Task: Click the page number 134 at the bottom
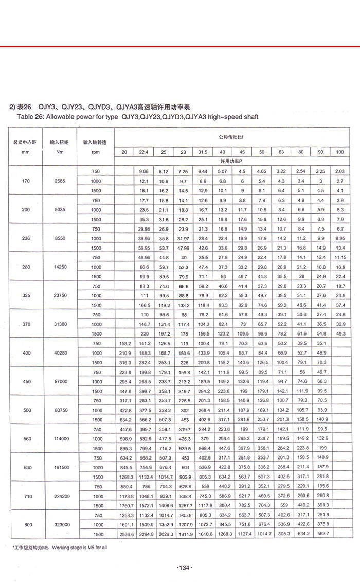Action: [184, 567]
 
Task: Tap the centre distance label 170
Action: [25, 181]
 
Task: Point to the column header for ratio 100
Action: [339, 152]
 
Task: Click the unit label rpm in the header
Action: [95, 152]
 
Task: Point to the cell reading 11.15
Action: [339, 257]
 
